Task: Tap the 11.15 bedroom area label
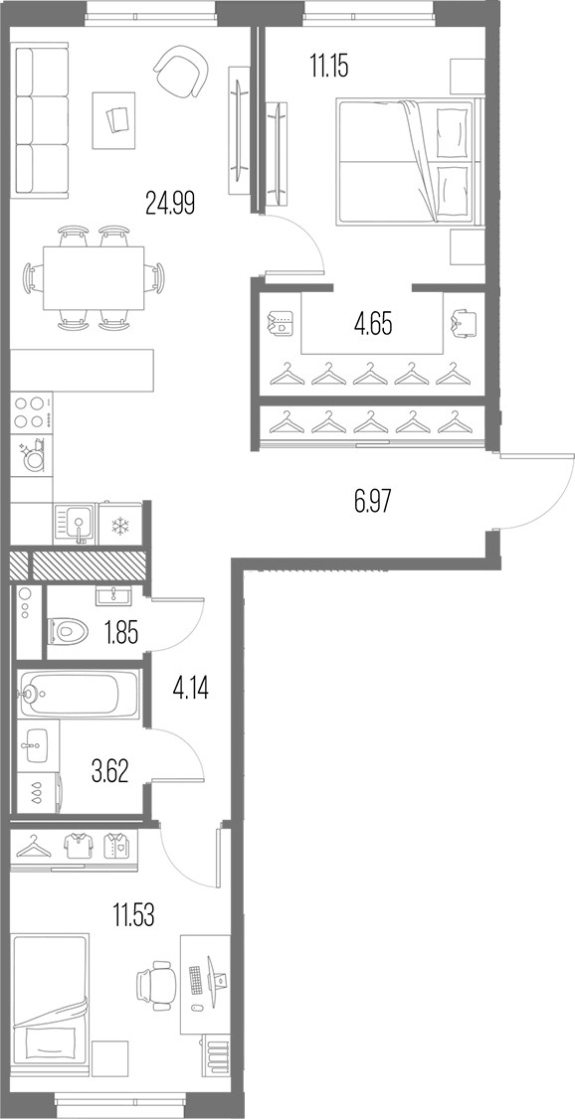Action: [328, 68]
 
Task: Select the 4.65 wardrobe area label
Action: [374, 325]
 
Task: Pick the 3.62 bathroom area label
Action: [110, 772]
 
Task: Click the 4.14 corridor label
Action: [190, 689]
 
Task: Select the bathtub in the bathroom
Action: [79, 693]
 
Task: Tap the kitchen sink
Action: [75, 526]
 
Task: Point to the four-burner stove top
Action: [32, 411]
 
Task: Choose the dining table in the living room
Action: [94, 277]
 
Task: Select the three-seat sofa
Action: [42, 120]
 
